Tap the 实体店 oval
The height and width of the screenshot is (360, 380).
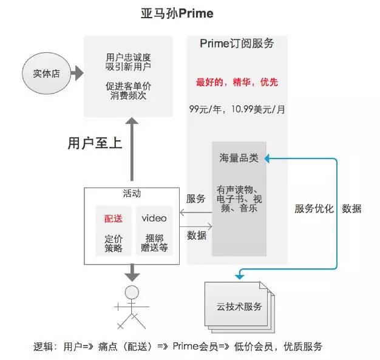(46, 74)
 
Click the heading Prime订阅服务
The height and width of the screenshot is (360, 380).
(237, 43)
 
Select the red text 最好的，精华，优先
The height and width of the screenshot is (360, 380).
(237, 82)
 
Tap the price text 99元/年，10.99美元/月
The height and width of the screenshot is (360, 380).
(236, 109)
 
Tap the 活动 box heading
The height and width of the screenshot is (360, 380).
(132, 194)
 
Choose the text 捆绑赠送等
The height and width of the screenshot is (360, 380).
(154, 242)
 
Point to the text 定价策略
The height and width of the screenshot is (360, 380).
(114, 243)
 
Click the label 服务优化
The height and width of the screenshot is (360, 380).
(314, 209)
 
